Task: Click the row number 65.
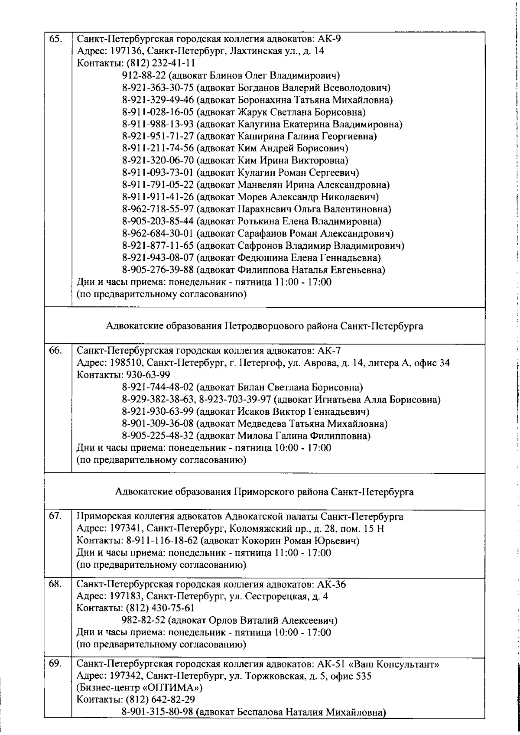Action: [55, 39]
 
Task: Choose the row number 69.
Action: [55, 663]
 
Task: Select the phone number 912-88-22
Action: [143, 76]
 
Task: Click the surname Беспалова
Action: [261, 712]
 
